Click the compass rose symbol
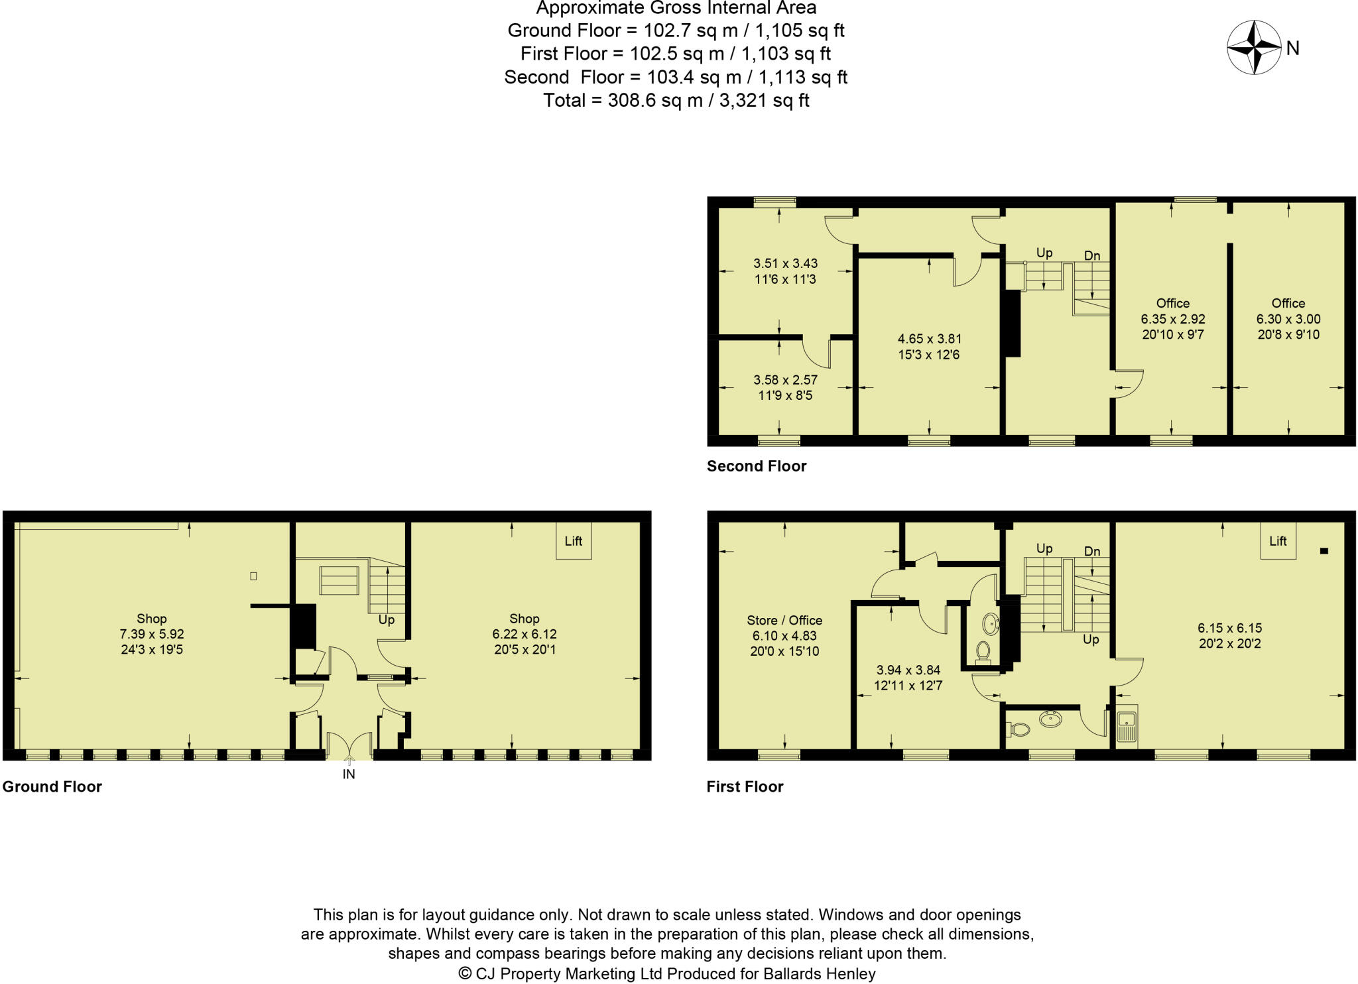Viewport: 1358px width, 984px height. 1253,48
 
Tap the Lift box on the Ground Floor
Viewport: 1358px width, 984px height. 573,541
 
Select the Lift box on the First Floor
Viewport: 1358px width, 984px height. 1278,541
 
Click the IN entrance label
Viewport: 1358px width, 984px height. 349,774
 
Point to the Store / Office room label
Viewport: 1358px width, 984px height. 784,620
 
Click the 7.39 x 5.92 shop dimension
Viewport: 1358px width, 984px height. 152,634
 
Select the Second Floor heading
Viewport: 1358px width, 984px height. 757,466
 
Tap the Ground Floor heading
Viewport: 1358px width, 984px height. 52,786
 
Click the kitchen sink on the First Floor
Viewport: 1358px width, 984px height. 1127,725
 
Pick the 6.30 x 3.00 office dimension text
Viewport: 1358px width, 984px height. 1288,319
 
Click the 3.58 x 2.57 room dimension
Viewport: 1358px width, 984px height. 785,380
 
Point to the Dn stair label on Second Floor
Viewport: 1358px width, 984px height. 1092,255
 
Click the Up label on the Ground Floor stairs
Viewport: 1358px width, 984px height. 387,620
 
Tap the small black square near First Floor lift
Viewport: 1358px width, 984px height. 1324,550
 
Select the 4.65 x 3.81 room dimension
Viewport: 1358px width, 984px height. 929,339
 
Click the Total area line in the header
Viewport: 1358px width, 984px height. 676,100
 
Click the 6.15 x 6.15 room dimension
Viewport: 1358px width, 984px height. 1229,628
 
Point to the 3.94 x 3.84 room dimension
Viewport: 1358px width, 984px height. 908,670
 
